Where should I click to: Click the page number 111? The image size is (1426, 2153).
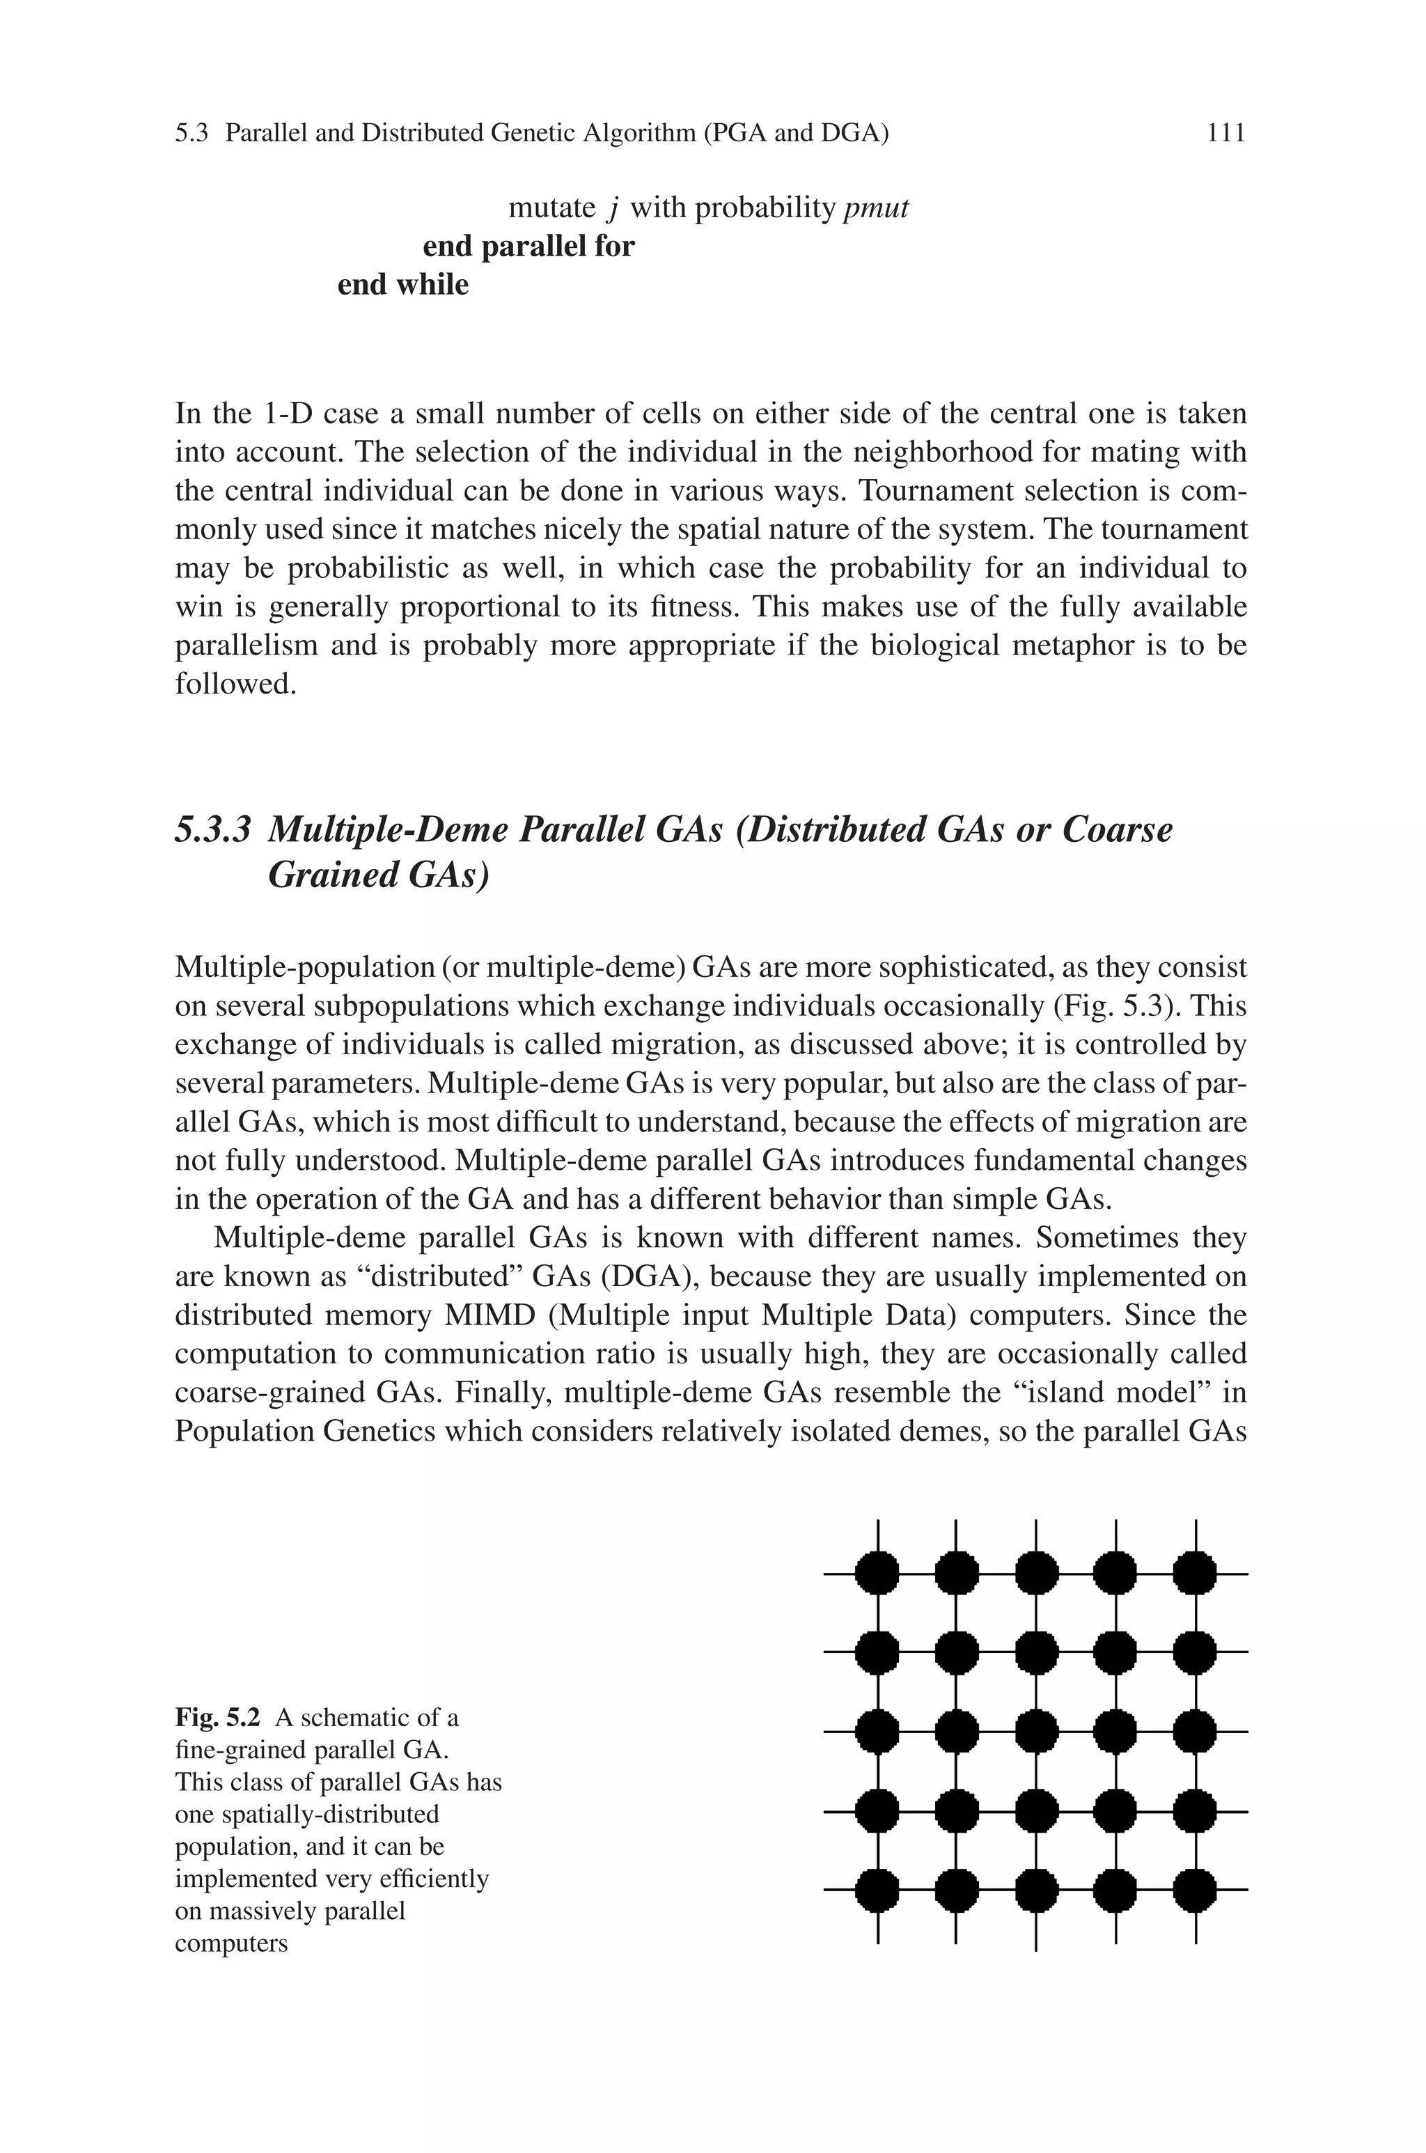click(1225, 134)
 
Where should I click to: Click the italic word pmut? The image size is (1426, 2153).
click(876, 209)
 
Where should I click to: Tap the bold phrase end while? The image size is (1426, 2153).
click(403, 285)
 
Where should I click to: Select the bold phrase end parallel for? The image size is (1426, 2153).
click(528, 246)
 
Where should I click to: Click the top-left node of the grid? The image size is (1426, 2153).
click(877, 1574)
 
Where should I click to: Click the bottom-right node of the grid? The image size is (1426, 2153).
click(1195, 1891)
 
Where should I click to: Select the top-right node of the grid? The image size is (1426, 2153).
click(1195, 1574)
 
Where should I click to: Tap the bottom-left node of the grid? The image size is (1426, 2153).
click(877, 1891)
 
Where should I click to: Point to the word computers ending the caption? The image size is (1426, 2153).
click(231, 1944)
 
